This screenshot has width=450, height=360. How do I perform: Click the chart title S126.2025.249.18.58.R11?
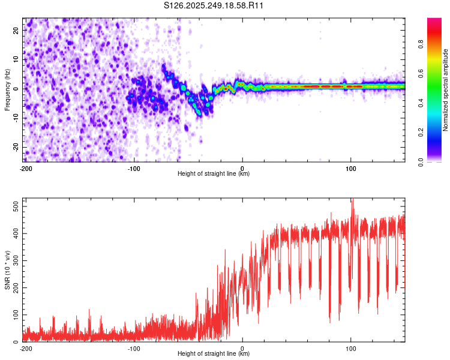pyautogui.click(x=214, y=6)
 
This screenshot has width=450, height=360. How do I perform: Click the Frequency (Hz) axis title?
pyautogui.click(x=7, y=90)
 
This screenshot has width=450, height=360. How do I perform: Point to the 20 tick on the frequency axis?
pyautogui.click(x=17, y=31)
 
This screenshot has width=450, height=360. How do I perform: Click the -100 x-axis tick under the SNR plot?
pyautogui.click(x=134, y=348)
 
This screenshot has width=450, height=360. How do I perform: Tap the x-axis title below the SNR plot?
pyautogui.click(x=214, y=355)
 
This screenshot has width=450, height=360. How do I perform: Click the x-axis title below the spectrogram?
pyautogui.click(x=214, y=175)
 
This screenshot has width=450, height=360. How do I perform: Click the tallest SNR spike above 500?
pyautogui.click(x=352, y=200)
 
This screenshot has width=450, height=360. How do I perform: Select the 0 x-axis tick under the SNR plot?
pyautogui.click(x=242, y=348)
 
